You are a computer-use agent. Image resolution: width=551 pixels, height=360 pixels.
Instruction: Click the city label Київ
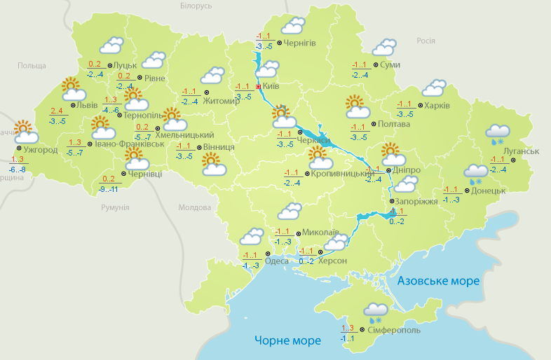[271, 86]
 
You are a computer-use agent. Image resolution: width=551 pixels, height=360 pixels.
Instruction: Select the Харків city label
[437, 106]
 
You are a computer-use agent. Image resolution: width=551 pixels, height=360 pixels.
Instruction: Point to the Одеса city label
[278, 261]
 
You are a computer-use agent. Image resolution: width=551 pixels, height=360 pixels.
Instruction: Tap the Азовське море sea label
[438, 281]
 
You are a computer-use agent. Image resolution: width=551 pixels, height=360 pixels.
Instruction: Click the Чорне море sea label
[287, 340]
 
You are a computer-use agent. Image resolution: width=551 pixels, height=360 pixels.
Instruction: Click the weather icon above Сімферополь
[376, 311]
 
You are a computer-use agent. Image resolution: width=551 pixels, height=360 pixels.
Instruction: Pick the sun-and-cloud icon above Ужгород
[25, 130]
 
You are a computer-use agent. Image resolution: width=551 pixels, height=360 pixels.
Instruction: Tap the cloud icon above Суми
[383, 48]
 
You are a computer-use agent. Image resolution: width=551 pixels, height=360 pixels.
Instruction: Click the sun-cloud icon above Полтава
[358, 107]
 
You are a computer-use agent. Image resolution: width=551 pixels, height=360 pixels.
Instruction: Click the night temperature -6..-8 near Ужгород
[18, 169]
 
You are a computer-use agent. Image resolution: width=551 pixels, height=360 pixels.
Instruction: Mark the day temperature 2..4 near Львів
[57, 111]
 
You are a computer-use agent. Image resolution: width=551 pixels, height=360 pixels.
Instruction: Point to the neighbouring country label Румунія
[115, 208]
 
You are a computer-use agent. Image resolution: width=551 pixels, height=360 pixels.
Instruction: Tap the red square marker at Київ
[258, 86]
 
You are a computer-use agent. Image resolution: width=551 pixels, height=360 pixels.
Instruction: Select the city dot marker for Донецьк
[467, 190]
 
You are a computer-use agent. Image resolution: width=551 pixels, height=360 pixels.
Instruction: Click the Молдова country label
[194, 208]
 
